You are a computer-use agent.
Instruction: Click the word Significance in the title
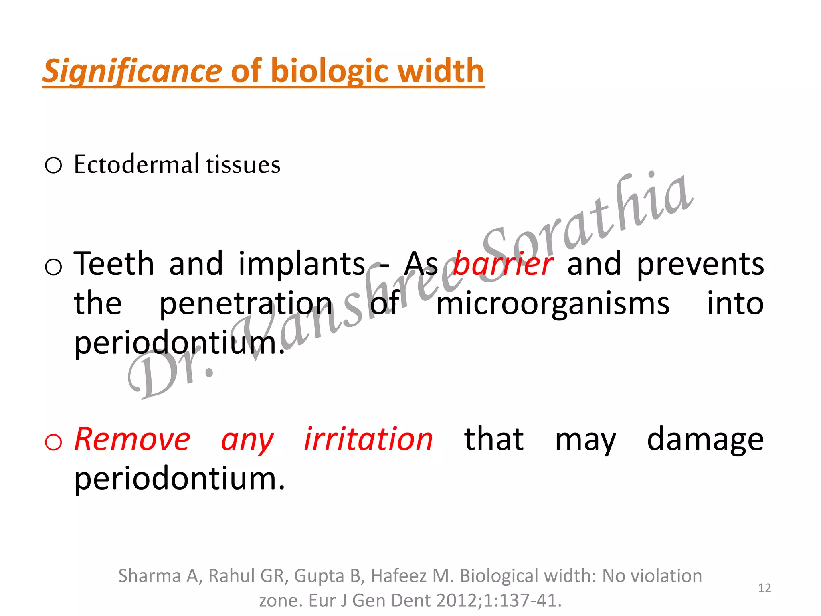click(x=132, y=71)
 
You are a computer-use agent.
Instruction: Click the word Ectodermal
click(x=136, y=164)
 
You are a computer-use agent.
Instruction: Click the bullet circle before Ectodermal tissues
click(x=53, y=165)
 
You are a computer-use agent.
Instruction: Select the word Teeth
click(x=114, y=264)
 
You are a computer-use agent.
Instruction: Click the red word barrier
click(x=503, y=264)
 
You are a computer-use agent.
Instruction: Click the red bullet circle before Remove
click(x=53, y=442)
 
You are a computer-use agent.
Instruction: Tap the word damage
click(x=705, y=440)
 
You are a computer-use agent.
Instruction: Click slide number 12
click(x=764, y=588)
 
